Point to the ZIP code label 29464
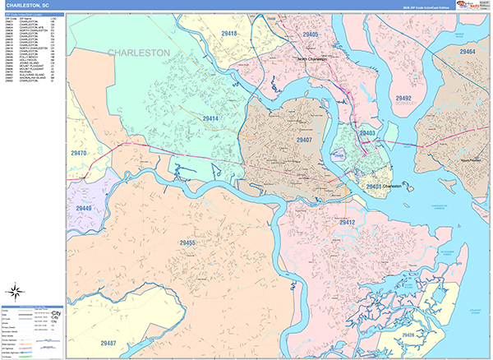[x=468, y=52]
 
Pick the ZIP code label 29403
[x=366, y=132]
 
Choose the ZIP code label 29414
[x=211, y=119]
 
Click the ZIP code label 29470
[x=80, y=153]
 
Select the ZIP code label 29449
[x=84, y=209]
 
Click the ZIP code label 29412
[x=347, y=222]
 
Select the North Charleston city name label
[x=312, y=59]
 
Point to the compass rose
[x=16, y=290]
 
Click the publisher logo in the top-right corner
[x=472, y=7]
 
